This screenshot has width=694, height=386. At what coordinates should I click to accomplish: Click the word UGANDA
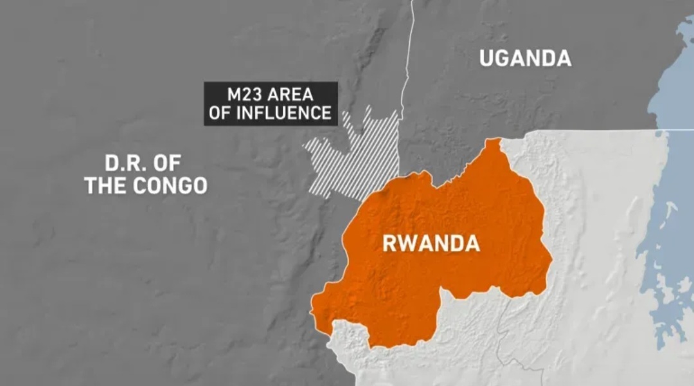pyautogui.click(x=525, y=59)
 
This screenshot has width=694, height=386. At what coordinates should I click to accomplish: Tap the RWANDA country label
pyautogui.click(x=431, y=244)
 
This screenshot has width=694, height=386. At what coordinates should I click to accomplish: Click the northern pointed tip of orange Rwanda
pyautogui.click(x=493, y=142)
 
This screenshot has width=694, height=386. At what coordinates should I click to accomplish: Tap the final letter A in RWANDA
pyautogui.click(x=471, y=244)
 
